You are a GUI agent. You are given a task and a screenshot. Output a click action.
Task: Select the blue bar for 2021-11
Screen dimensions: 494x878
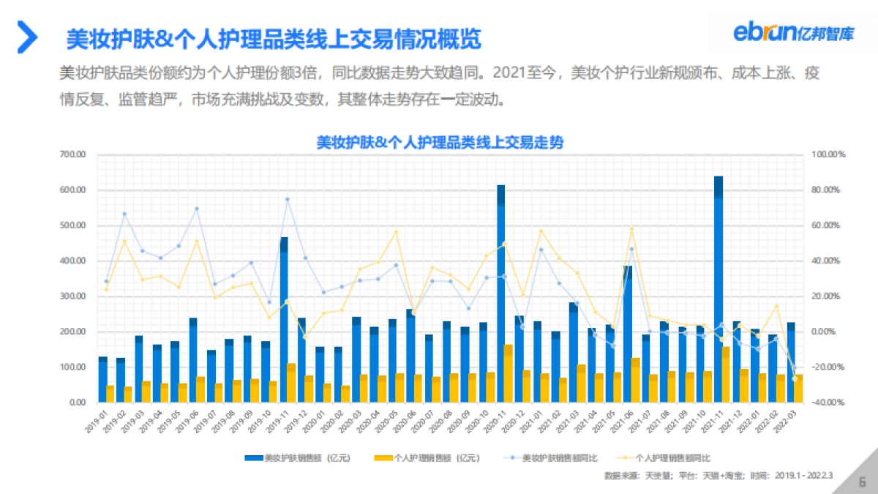point(718,293)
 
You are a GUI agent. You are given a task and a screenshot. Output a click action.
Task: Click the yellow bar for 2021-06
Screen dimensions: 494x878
point(637,380)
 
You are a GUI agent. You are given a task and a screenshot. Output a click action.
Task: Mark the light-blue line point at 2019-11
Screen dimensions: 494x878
point(288,199)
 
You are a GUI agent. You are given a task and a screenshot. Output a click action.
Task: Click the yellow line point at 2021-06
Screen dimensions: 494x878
point(631,229)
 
